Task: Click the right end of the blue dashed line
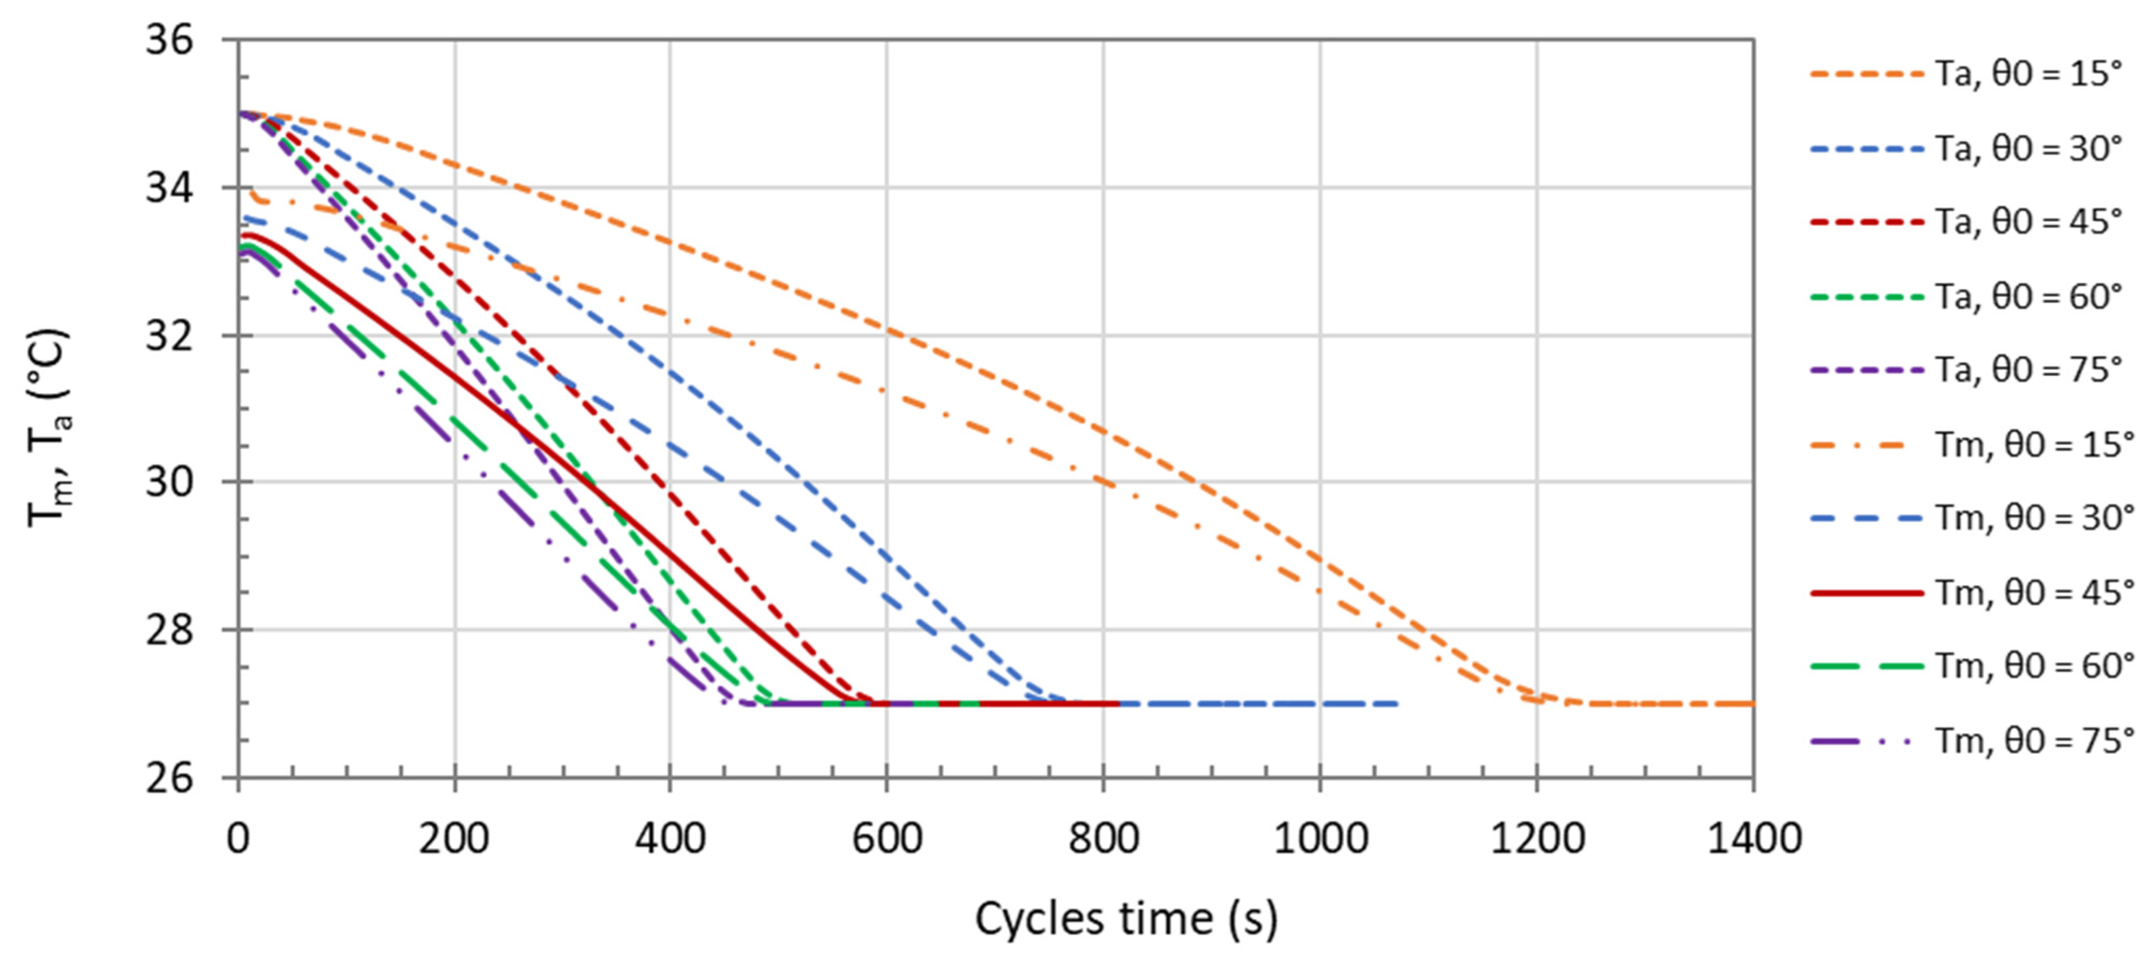point(1396,704)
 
